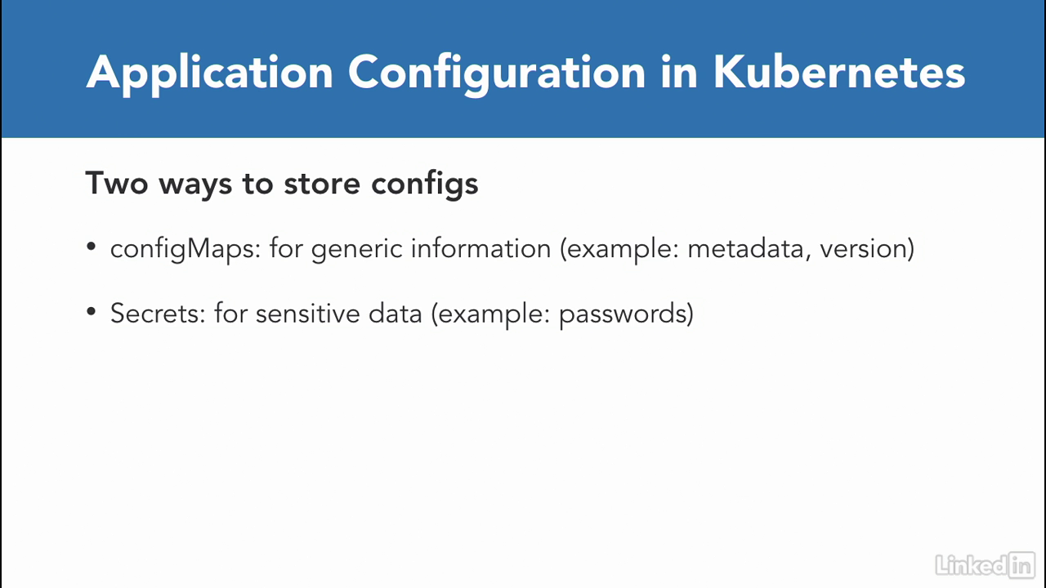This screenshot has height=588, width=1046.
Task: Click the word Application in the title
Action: pyautogui.click(x=210, y=73)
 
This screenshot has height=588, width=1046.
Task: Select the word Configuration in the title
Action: pyautogui.click(x=497, y=73)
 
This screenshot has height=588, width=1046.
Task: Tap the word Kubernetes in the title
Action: pyautogui.click(x=839, y=72)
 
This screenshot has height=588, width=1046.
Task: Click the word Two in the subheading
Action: pyautogui.click(x=117, y=183)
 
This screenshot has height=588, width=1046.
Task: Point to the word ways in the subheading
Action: pyautogui.click(x=195, y=185)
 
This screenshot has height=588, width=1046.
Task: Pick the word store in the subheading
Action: pyautogui.click(x=322, y=184)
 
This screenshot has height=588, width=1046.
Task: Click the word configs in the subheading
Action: pyautogui.click(x=425, y=185)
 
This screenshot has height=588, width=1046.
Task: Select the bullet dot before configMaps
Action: pyautogui.click(x=91, y=246)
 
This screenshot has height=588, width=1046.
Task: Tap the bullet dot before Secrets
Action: pyautogui.click(x=91, y=311)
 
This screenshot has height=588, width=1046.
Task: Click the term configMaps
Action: pyautogui.click(x=185, y=249)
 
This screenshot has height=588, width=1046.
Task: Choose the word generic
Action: pyautogui.click(x=357, y=250)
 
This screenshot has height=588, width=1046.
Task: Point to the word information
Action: pyautogui.click(x=481, y=247)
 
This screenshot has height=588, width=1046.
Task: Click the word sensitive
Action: pyautogui.click(x=308, y=313)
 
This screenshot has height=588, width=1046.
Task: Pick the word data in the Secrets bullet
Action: pyautogui.click(x=396, y=313)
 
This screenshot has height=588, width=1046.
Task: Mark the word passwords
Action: pyautogui.click(x=623, y=314)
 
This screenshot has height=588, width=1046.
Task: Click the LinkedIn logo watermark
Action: pyautogui.click(x=986, y=566)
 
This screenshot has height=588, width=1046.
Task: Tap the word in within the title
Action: pyautogui.click(x=679, y=73)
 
